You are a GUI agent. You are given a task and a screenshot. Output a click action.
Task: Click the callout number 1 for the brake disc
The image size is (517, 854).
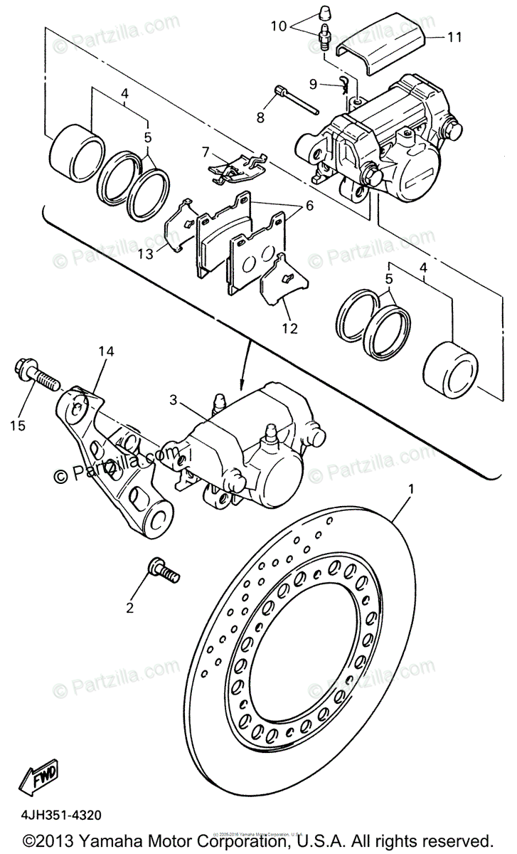410,489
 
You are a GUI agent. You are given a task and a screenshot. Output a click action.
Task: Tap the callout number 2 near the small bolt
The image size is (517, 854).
129,607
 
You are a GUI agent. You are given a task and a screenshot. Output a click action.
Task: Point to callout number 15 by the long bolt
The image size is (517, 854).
18,426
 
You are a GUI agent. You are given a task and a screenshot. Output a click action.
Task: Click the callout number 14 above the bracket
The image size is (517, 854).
106,350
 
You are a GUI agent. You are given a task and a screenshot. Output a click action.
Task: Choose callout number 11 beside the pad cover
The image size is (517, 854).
454,36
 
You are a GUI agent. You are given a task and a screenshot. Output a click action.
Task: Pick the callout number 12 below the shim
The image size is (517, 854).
289,329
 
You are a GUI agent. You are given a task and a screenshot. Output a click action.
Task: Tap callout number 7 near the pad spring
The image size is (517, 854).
205,152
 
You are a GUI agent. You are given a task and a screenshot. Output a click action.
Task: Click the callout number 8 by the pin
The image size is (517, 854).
260,117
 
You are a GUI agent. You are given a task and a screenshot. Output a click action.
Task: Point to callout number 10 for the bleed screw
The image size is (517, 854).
278,26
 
